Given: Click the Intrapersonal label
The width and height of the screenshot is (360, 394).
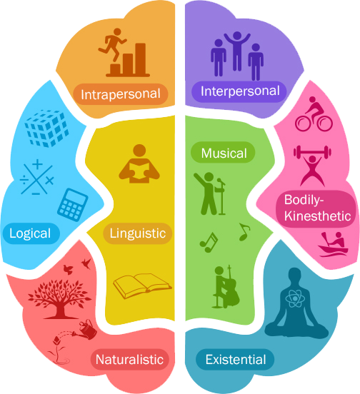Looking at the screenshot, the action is tap(121, 94).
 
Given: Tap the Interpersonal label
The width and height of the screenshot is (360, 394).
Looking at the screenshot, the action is tap(239, 91).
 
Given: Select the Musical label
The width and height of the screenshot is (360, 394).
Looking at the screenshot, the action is tap(223, 152).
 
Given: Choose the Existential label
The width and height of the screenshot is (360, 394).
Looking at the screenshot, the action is tap(235, 359).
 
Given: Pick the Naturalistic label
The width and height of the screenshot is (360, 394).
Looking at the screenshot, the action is tap(130, 359).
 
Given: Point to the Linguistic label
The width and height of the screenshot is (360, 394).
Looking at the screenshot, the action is tap(138, 233).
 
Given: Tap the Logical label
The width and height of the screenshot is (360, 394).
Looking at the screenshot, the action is tap(31, 233).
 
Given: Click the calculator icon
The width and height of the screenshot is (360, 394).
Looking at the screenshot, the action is tap(73, 205).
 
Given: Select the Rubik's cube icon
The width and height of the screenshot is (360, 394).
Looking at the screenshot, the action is tap(46, 128).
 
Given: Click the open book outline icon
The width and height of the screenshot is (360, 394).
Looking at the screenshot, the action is tap(142, 286).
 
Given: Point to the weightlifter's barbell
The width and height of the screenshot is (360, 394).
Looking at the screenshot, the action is tap(312, 152).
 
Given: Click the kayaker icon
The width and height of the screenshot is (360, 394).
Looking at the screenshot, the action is tap(333, 244).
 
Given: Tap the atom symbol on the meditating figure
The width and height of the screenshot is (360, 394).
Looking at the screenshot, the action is tap(296, 299).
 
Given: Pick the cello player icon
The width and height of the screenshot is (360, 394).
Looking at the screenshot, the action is tap(226, 286).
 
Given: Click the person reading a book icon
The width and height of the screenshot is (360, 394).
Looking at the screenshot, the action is tap(139, 163).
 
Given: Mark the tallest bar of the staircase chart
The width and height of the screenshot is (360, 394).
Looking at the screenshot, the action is tap(141, 59).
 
